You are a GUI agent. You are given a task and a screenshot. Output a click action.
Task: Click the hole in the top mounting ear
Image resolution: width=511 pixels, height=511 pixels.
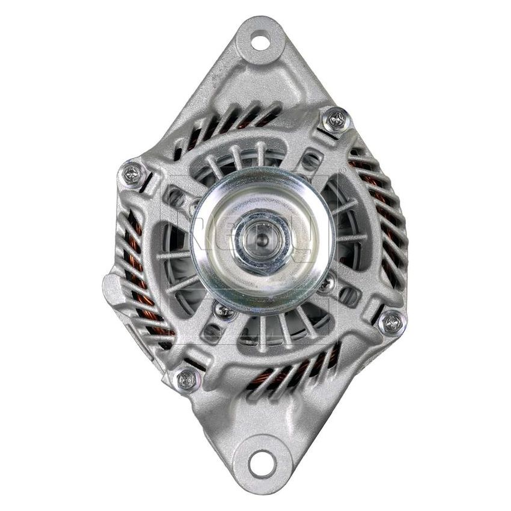(x=260, y=43)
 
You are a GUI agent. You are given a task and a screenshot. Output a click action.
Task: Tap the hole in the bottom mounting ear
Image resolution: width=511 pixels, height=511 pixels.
(x=260, y=464)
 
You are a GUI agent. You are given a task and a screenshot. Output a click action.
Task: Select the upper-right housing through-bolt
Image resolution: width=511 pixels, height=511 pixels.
(x=336, y=120)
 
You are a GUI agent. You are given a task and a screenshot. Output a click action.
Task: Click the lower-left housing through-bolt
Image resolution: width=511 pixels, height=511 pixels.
(x=187, y=378)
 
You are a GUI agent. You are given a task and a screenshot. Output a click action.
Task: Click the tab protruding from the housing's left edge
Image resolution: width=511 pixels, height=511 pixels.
(x=111, y=289)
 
